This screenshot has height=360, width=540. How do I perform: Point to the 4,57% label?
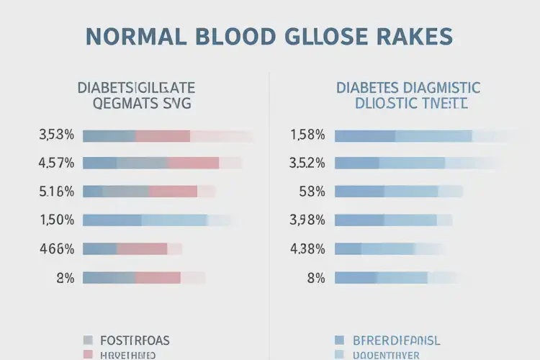[57, 163]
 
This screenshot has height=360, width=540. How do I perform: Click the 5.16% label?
[57, 192]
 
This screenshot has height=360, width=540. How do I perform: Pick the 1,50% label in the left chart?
[57, 220]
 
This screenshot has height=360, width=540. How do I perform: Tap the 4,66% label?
[57, 249]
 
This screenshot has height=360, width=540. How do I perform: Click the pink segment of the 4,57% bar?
[193, 163]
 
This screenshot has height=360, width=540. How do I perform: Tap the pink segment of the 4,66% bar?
[142, 249]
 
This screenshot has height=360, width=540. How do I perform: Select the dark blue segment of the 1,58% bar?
[365, 135]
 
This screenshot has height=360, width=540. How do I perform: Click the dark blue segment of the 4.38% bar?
[348, 249]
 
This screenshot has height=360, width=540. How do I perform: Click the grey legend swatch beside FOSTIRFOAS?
[89, 340]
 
